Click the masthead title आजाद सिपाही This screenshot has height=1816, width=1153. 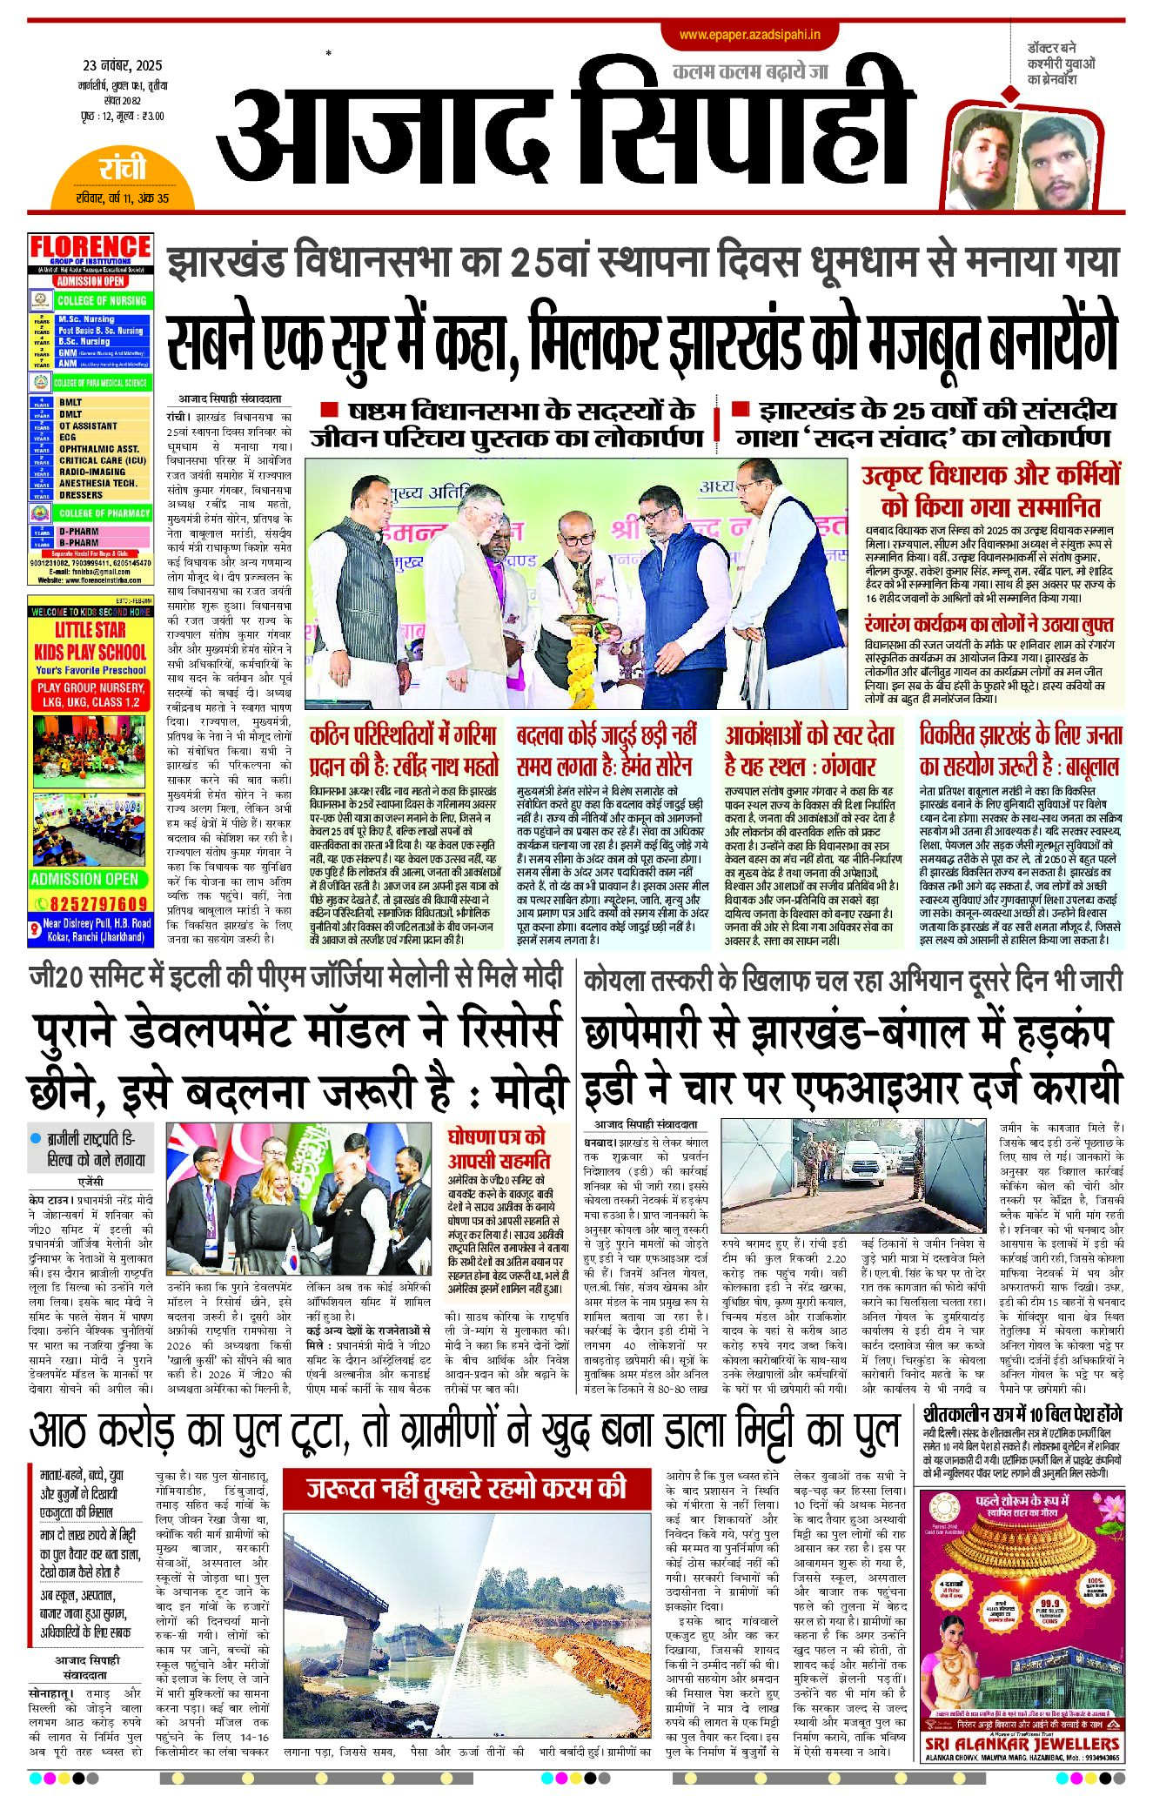[x=566, y=131]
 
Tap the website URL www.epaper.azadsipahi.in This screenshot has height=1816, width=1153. [x=750, y=35]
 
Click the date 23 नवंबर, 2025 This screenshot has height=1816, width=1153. [x=123, y=66]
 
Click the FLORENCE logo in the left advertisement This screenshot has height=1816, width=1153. [x=90, y=247]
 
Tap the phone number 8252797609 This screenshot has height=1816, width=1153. [x=98, y=904]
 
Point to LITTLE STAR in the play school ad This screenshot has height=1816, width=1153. [x=90, y=629]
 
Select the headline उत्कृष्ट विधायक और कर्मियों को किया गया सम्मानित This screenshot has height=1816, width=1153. [x=990, y=491]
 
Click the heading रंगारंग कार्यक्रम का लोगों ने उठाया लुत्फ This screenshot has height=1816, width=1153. [x=989, y=625]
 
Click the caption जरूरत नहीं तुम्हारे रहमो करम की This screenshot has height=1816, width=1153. [x=466, y=1488]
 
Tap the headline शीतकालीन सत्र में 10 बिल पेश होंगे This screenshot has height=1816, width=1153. [x=1022, y=1414]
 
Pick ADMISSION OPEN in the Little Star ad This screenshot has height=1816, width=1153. [x=84, y=879]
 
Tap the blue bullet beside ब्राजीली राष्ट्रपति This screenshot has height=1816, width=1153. [x=36, y=1138]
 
